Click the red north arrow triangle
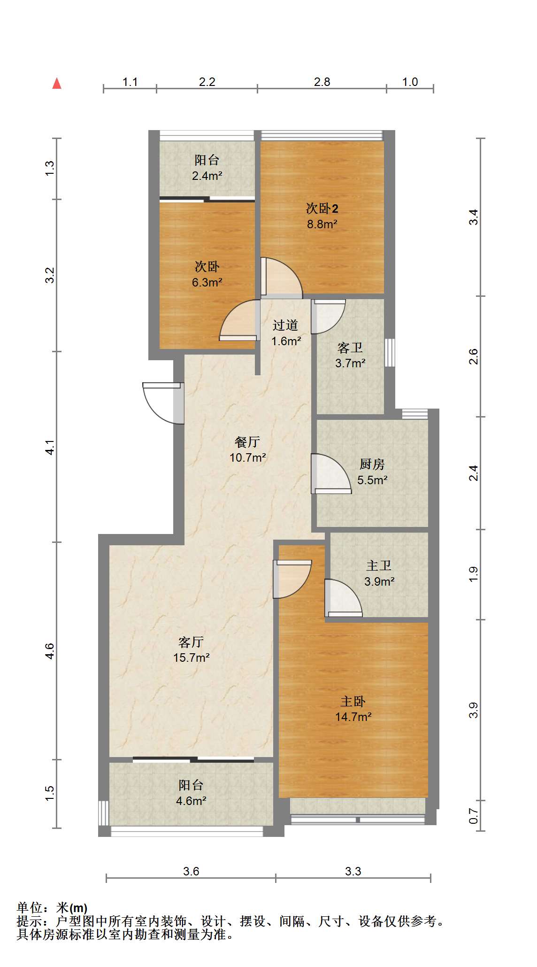(57, 84)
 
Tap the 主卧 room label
(353, 702)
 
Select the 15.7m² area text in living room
(192, 658)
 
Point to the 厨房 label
(372, 464)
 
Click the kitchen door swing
(331, 473)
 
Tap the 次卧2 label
(322, 208)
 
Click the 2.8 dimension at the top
(322, 82)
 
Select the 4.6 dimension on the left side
(50, 651)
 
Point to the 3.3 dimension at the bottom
(353, 871)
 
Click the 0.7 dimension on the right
(474, 816)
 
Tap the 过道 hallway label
(285, 325)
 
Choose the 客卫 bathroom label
(350, 348)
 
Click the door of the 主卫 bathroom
(343, 598)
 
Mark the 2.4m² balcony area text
(207, 176)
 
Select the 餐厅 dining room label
(247, 442)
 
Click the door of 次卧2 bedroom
(281, 278)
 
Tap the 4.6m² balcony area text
(191, 801)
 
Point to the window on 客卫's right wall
(390, 352)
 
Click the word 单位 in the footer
(30, 908)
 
